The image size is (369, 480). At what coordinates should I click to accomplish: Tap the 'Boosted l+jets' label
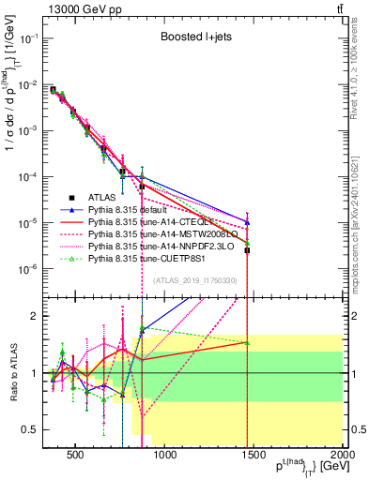(x=195, y=37)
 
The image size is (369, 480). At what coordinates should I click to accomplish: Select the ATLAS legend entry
(x=102, y=197)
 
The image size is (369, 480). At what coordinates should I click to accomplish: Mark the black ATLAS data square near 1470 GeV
(x=247, y=250)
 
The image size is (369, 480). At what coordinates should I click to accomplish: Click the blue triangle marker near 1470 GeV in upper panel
(x=247, y=222)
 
